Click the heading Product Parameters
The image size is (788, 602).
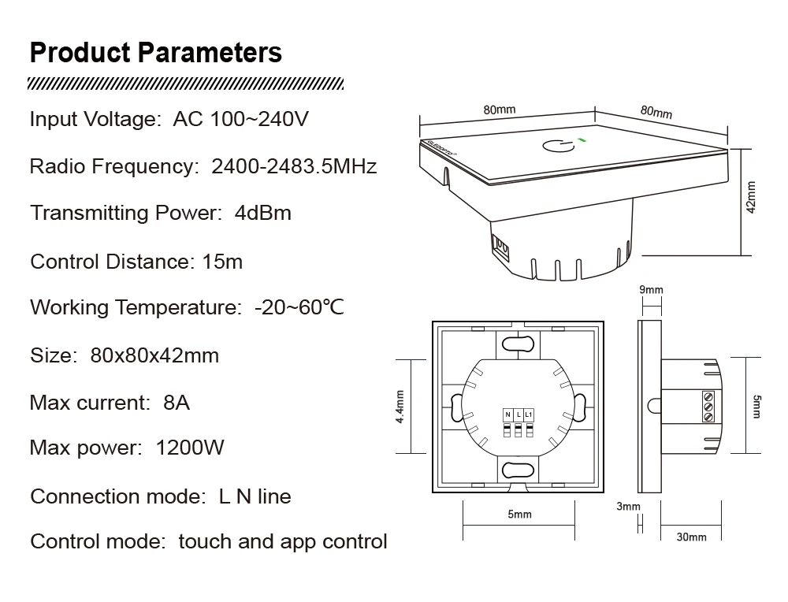pos(156,53)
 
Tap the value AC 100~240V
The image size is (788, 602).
pos(240,119)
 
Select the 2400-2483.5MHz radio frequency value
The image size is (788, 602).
pos(294,166)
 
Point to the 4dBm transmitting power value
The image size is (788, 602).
pos(263,213)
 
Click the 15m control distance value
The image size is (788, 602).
pos(222,262)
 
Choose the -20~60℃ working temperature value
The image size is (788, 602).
pos(299,307)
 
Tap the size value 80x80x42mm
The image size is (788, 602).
pos(154,356)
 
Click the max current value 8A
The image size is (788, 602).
pos(177,403)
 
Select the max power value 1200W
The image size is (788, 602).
pos(190,448)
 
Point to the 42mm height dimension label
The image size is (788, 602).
pos(751,198)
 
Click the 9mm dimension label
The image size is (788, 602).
pos(652,290)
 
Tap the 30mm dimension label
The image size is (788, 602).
pos(692,537)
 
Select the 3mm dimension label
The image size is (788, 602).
pos(629,507)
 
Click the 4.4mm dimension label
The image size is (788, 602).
pos(400,407)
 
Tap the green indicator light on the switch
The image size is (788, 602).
pos(582,139)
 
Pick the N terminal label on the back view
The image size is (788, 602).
pos(508,414)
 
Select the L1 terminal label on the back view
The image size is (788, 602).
pos(528,414)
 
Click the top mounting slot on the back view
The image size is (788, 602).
pos(519,344)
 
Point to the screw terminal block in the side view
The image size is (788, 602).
pos(708,406)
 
